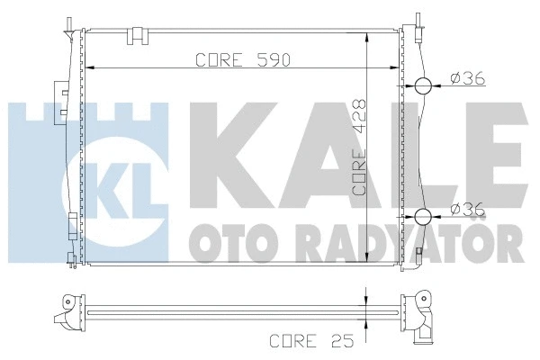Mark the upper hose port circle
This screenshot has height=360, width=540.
pyautogui.click(x=423, y=86)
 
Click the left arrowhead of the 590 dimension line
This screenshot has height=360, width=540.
pyautogui.click(x=89, y=68)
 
